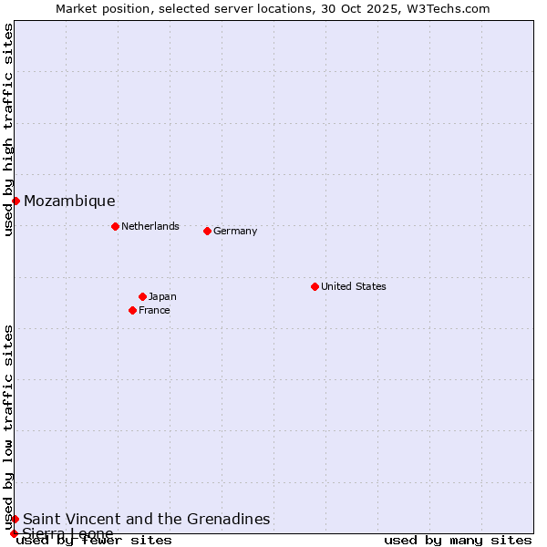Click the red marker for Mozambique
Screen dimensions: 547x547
coord(15,201)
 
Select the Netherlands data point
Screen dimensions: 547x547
coord(115,226)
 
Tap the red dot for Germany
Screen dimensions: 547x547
coord(207,231)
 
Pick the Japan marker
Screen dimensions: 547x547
coord(142,296)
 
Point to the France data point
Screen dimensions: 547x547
coord(132,310)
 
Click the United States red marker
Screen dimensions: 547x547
coord(315,286)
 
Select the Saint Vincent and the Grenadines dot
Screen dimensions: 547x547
coord(15,519)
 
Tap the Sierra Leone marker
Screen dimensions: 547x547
coord(14,533)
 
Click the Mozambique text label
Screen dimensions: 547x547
coord(69,201)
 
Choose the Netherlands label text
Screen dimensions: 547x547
coord(150,226)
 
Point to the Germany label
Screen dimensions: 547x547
coord(235,231)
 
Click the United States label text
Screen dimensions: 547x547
coord(354,286)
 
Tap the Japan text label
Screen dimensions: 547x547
coord(162,296)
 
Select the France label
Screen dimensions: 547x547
coord(154,310)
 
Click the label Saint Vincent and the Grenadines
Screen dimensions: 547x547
coord(147,520)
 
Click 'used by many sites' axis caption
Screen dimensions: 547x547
coord(458,540)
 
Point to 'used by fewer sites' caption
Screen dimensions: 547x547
coord(95,540)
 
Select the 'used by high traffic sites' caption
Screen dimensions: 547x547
coord(8,129)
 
